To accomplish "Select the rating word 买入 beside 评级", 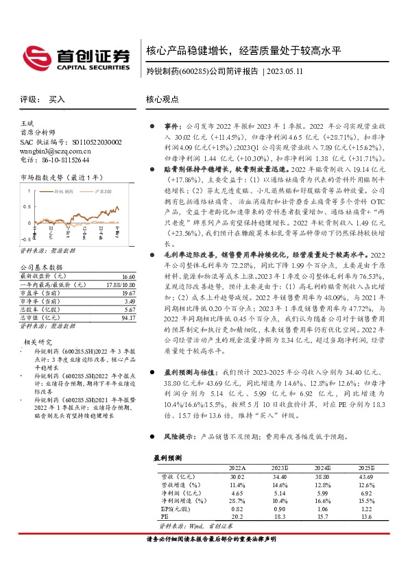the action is tap(57, 99).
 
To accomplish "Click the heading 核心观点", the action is tap(163, 99).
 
